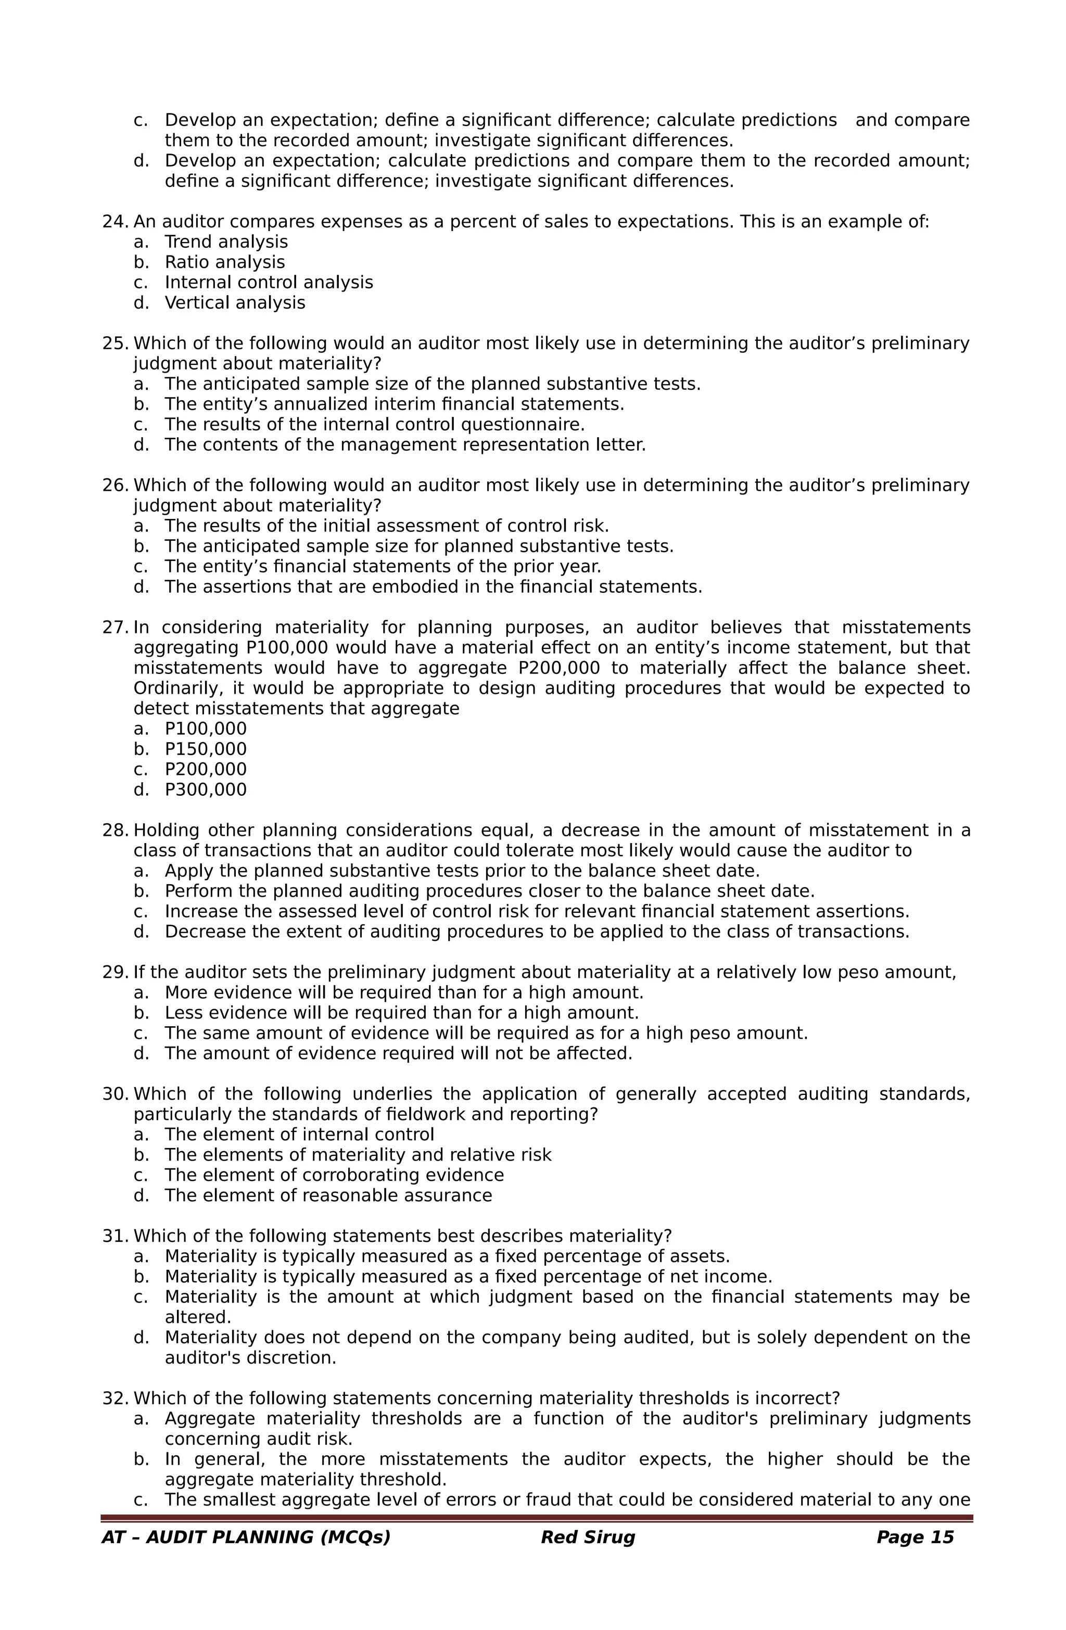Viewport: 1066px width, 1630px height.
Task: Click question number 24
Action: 115,222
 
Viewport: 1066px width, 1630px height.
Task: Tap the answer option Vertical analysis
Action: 234,303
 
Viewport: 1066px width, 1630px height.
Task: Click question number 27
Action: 115,627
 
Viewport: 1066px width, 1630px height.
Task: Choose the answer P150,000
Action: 206,749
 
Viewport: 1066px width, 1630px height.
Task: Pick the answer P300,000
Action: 206,789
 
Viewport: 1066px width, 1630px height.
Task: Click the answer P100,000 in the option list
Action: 206,729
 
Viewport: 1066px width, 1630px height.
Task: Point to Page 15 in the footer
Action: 915,1557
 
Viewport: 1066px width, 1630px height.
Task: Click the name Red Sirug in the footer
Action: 587,1557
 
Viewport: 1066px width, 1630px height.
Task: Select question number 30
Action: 115,1094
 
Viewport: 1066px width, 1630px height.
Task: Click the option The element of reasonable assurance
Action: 328,1196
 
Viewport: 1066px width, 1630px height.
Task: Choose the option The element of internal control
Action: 299,1135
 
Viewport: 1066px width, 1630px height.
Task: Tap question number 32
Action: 115,1398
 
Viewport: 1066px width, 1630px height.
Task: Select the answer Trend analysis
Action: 226,242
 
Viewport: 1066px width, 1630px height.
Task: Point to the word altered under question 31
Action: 197,1318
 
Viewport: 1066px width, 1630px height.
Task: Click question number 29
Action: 115,973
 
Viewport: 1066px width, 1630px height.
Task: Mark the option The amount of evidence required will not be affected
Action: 398,1053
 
